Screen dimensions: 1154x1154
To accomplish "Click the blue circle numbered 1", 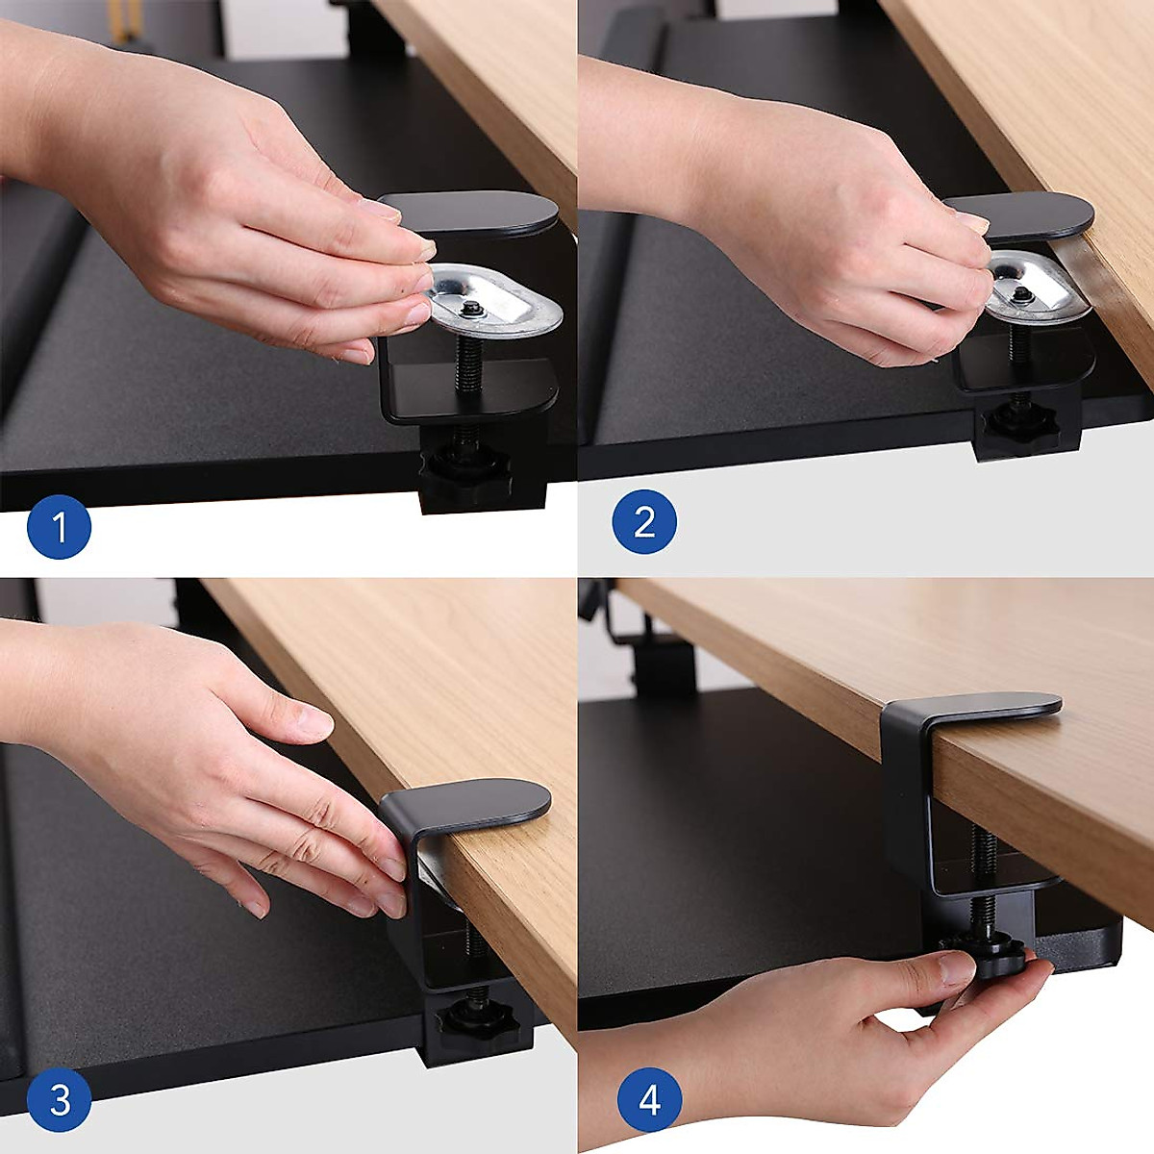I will click(59, 527).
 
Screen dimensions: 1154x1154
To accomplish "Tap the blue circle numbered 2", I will click(644, 521).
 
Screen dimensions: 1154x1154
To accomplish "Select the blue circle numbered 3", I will click(59, 1099).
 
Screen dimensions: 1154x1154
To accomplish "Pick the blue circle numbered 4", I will click(649, 1099).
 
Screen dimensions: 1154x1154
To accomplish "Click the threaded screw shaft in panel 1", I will click(467, 361).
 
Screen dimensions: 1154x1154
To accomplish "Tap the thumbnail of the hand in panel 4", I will click(957, 967).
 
